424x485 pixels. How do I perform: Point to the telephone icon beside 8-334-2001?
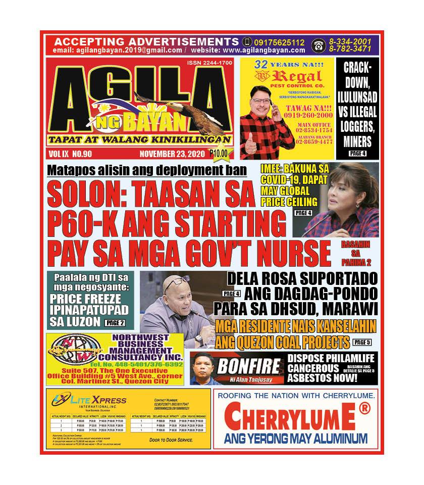click(318, 45)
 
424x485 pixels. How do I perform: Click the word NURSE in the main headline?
click(287, 251)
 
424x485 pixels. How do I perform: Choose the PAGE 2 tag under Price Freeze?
click(115, 322)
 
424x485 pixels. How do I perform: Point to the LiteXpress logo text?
click(96, 401)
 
